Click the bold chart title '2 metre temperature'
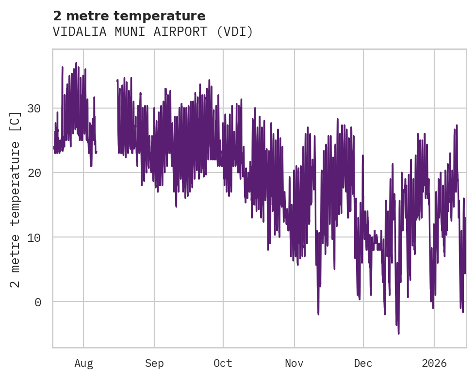(129, 16)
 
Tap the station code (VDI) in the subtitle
(235, 32)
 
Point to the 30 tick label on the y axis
(33, 108)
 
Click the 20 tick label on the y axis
(33, 173)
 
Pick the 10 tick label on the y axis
(33, 237)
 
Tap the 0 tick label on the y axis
(37, 302)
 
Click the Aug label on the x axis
(83, 363)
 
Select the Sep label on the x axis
(154, 363)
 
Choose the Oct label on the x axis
(223, 363)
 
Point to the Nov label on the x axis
(294, 363)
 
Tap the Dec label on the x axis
(363, 363)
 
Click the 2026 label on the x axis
(434, 363)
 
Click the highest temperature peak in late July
(76, 63)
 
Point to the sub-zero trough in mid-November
(318, 314)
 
